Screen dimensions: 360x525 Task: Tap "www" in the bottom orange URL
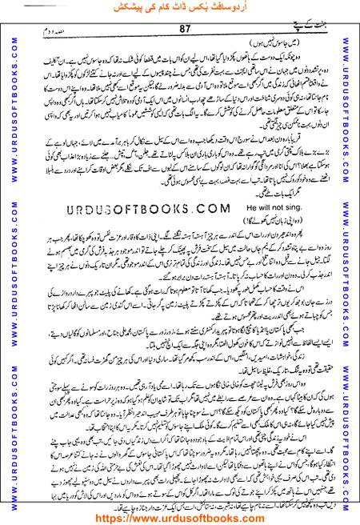147,515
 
